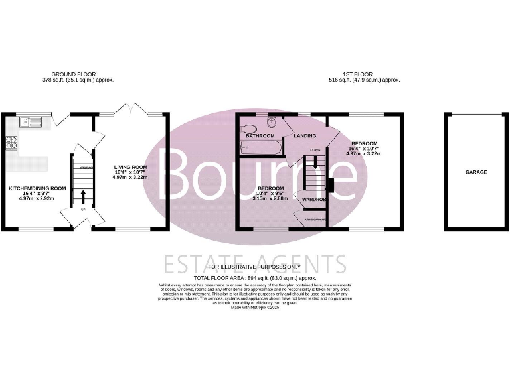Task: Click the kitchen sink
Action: click(30, 121)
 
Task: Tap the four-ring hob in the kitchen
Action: click(11, 141)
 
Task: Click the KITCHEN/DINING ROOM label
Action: click(37, 188)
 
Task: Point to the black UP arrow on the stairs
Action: click(83, 196)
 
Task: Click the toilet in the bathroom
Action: click(273, 123)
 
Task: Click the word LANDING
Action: click(305, 136)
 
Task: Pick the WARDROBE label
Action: click(313, 199)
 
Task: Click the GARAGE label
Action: click(475, 172)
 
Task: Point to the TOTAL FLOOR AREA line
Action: click(254, 278)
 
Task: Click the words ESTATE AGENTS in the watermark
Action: click(255, 263)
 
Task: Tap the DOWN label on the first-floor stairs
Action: click(315, 150)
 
